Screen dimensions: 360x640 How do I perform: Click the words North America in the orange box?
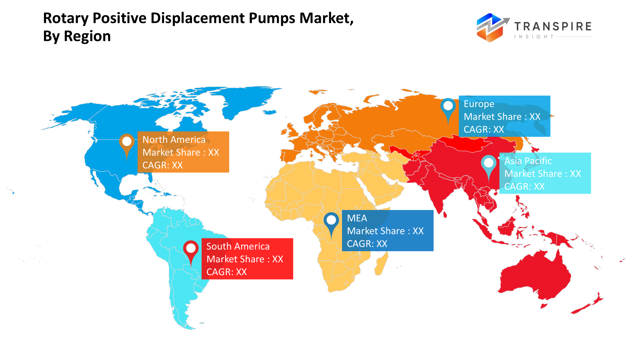(x=174, y=140)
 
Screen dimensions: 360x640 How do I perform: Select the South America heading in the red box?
(x=238, y=246)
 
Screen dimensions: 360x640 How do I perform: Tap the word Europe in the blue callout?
(x=479, y=104)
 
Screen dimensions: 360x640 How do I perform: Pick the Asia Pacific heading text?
(x=528, y=161)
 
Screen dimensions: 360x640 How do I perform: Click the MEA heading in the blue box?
(x=357, y=218)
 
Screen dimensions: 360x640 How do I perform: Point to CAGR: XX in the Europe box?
(x=484, y=130)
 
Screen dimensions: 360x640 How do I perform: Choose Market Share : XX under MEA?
(x=385, y=231)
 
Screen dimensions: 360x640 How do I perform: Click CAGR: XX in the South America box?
(x=226, y=272)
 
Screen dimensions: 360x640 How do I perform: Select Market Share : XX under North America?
(x=181, y=152)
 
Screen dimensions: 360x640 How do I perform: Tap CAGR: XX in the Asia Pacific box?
(x=524, y=186)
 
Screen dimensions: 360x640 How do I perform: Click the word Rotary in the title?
(x=66, y=18)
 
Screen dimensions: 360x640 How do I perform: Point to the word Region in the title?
(x=87, y=36)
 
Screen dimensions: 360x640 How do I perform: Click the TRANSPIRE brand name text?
(x=553, y=27)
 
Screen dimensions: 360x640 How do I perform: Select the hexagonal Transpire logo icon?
(x=491, y=27)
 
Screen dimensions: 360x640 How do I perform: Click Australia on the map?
(x=534, y=276)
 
